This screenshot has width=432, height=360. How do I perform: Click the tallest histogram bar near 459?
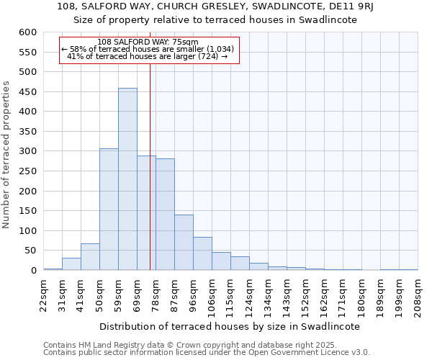point(127,179)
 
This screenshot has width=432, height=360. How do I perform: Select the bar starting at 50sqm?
point(109,210)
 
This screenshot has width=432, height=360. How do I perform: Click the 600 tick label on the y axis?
point(28,32)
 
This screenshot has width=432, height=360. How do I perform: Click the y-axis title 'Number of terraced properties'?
point(6,155)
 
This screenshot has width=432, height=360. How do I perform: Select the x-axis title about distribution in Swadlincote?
point(230,326)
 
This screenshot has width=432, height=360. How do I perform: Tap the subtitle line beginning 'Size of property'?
point(216,19)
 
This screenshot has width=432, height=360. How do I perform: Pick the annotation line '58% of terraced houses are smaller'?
point(148,49)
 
